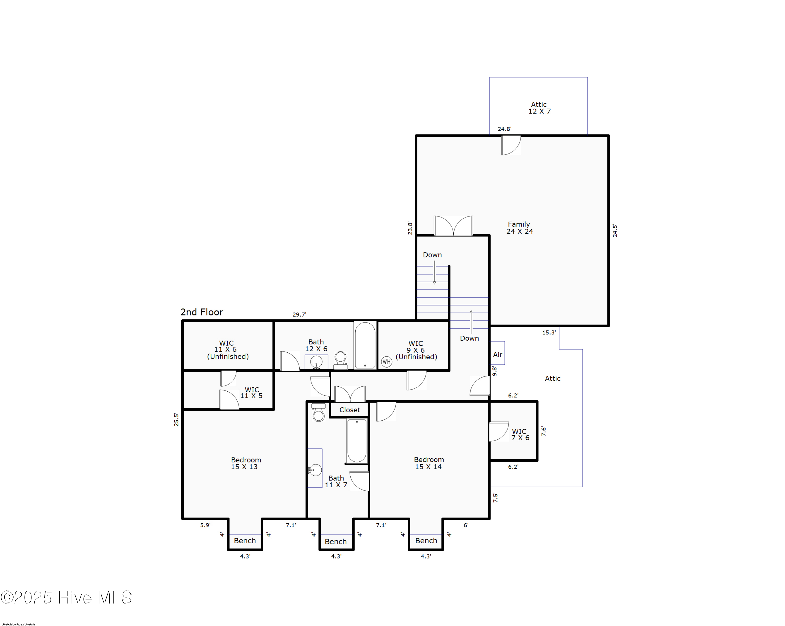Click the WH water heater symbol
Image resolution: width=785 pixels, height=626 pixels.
[x=386, y=362]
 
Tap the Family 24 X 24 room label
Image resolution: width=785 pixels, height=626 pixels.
[x=519, y=228]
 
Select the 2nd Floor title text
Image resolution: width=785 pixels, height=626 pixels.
[x=202, y=312]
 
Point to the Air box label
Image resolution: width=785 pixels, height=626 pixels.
[x=497, y=354]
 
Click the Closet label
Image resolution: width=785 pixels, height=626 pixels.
[x=350, y=410]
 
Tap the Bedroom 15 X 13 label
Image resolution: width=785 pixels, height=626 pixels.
[x=246, y=463]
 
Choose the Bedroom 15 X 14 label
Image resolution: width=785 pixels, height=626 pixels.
[x=429, y=463]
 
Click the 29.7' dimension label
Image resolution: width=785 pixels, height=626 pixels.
[x=299, y=314]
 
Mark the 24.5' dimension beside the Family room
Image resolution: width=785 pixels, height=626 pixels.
[x=615, y=231]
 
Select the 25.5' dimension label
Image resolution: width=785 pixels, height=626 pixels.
[x=176, y=419]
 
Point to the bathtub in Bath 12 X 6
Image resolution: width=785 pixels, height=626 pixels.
[x=365, y=345]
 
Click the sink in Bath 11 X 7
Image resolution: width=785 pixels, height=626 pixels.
[x=315, y=470]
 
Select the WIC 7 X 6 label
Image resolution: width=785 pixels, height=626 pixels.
[x=520, y=434]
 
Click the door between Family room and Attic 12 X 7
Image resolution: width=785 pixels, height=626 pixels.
[x=511, y=145]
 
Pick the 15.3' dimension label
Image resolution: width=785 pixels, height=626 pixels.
[x=549, y=332]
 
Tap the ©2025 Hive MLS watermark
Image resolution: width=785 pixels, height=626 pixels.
[x=66, y=597]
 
